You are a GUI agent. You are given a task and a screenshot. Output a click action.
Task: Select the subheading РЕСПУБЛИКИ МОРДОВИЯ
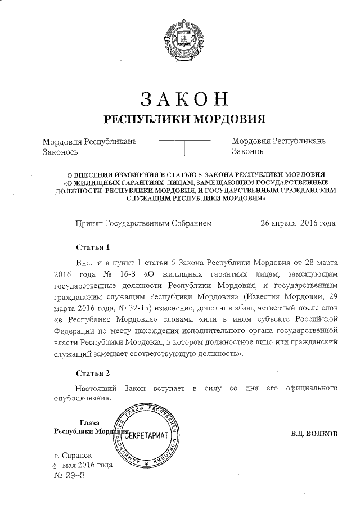[x=184, y=119]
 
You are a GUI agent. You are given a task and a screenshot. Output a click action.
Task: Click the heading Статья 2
[x=92, y=373]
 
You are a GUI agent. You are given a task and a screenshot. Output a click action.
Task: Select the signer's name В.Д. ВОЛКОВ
[x=314, y=434]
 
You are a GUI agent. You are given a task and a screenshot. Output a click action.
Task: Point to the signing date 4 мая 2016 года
[x=82, y=465]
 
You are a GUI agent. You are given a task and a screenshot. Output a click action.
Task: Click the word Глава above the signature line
[x=89, y=422]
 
